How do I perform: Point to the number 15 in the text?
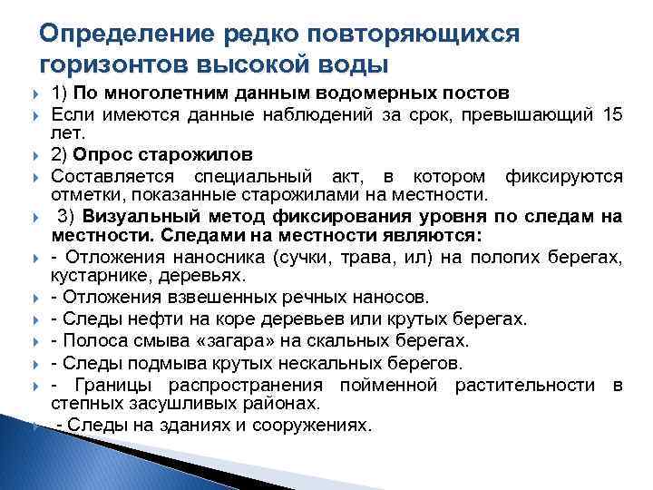point(612,114)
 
